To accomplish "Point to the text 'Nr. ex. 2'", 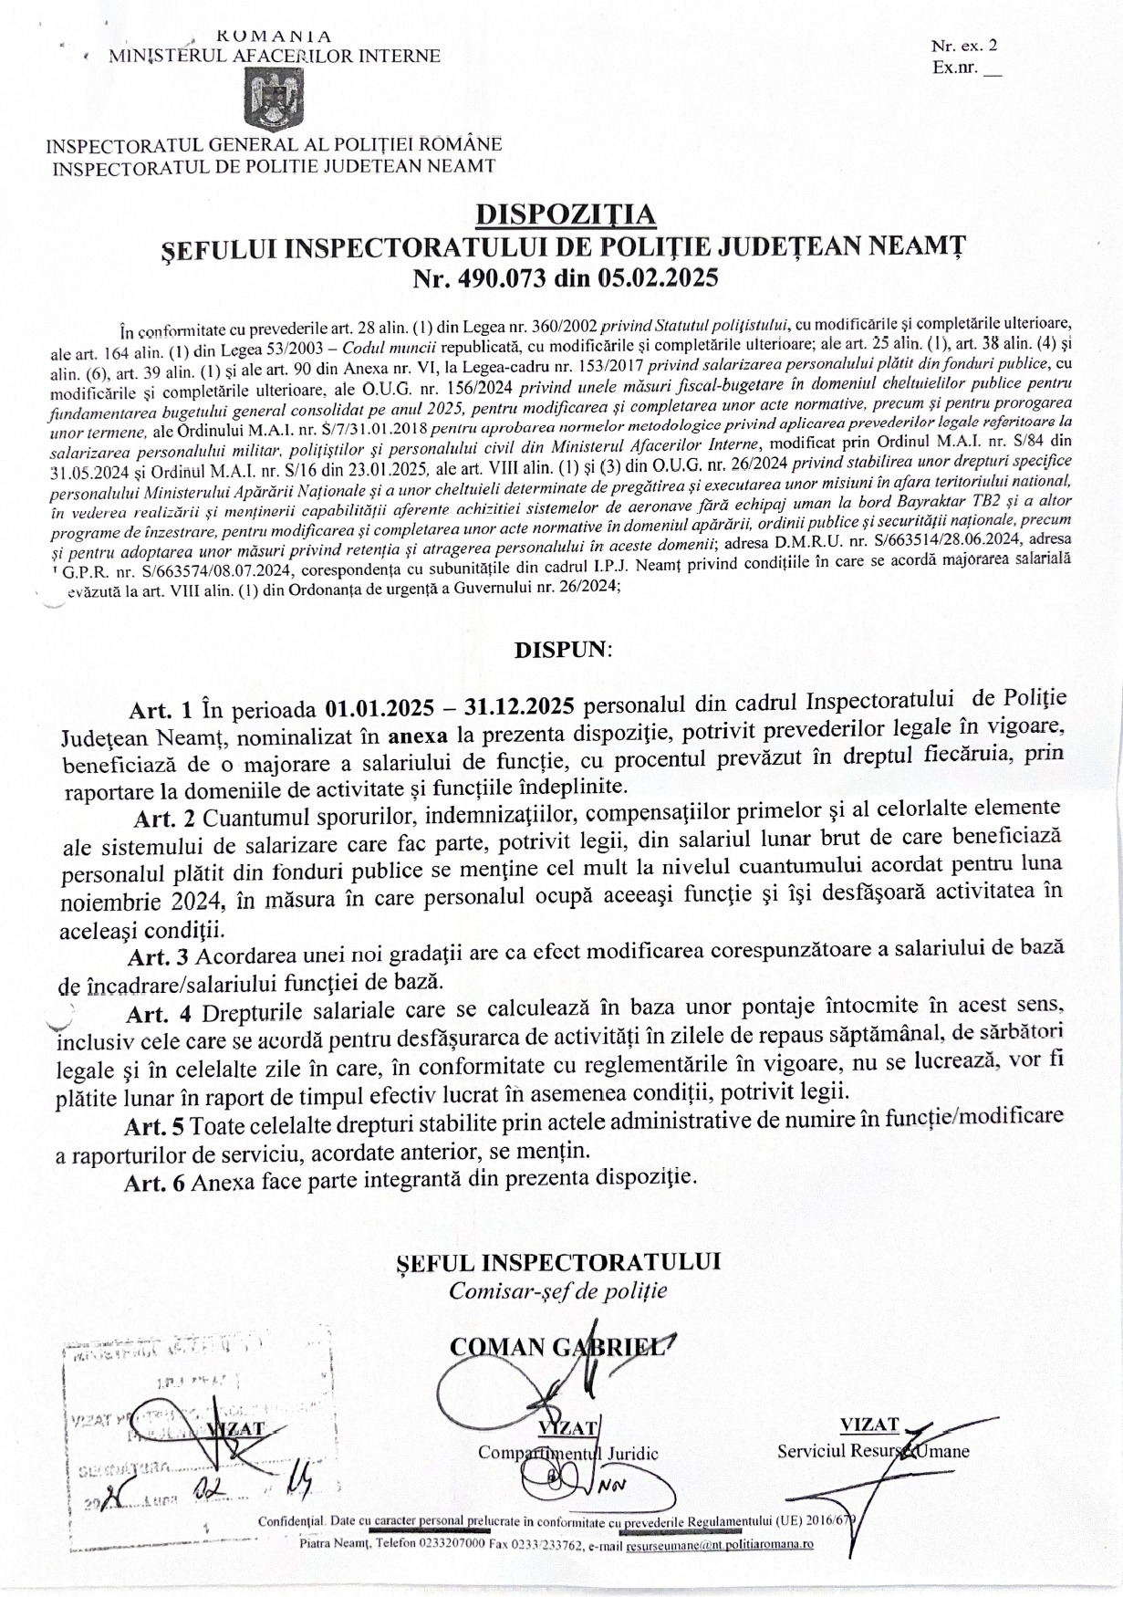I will [x=964, y=45].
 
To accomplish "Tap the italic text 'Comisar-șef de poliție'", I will [x=557, y=1291].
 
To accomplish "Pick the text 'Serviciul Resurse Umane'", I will [x=873, y=1451].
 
